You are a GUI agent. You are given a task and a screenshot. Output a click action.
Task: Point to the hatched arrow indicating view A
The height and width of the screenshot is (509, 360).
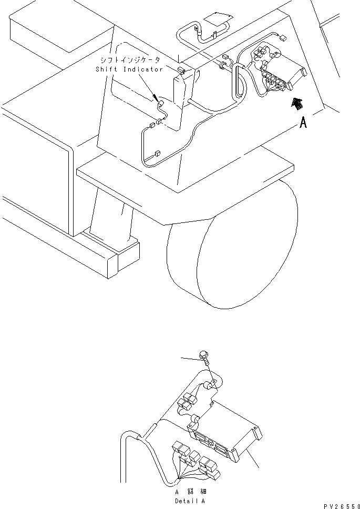coord(297,104)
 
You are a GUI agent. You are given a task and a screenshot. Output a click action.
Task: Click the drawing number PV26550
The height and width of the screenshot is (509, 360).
coord(336,504)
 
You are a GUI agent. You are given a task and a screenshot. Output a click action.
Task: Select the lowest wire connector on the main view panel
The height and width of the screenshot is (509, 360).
coord(157,154)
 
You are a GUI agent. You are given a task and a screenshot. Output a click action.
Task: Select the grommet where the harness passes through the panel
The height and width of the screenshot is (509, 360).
coord(223,66)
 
